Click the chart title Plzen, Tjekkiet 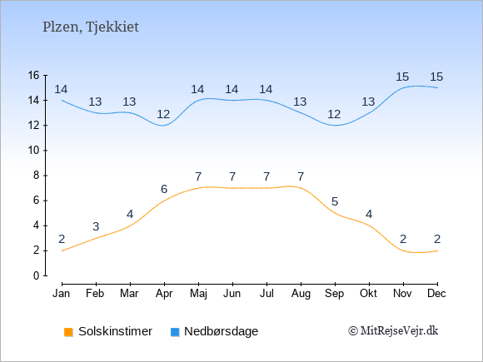pos(91,27)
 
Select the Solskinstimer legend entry pos(107,331)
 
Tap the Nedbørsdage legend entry pos(214,331)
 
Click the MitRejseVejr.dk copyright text pos(393,331)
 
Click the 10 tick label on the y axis pos(33,151)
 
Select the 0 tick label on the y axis pos(37,275)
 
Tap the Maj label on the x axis pos(198,294)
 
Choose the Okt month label pos(368,294)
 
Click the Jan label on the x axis pos(62,294)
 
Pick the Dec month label pos(437,294)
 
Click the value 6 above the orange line pos(164,189)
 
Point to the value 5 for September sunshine pos(335,201)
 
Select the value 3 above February pos(96,226)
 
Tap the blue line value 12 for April pos(163,115)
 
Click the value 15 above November pos(402,77)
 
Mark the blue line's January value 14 pos(61,90)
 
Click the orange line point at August pos(301,188)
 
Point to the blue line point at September pos(335,126)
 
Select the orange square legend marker pos(68,332)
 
